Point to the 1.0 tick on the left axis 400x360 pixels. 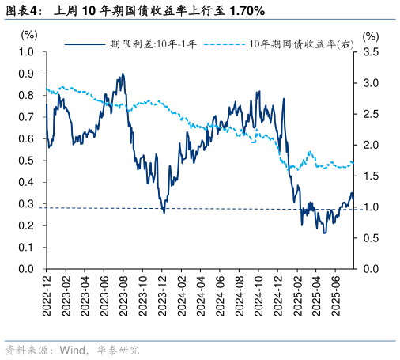pyautogui.click(x=26, y=52)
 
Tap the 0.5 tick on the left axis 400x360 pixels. pyautogui.click(x=26, y=161)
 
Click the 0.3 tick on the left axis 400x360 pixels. pyautogui.click(x=26, y=204)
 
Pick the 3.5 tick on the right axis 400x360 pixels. pyautogui.click(x=372, y=52)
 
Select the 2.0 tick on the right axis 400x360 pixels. pyautogui.click(x=372, y=145)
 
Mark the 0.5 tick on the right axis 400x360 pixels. pyautogui.click(x=372, y=238)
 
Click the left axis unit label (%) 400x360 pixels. pyautogui.click(x=28, y=35)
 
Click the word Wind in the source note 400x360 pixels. pyautogui.click(x=72, y=349)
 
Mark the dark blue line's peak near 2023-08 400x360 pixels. pyautogui.click(x=123, y=74)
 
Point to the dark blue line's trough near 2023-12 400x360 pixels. pyautogui.click(x=164, y=212)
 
